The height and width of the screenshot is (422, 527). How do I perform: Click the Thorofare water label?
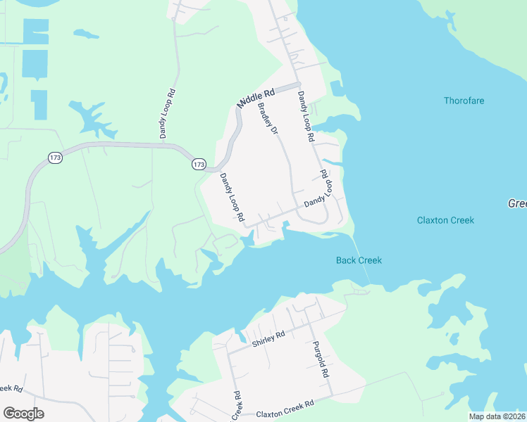click(x=464, y=101)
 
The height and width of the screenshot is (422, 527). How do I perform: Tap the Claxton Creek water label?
click(x=445, y=220)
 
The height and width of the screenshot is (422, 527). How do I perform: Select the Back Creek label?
click(x=359, y=260)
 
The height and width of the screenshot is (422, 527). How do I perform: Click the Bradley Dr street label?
click(x=268, y=120)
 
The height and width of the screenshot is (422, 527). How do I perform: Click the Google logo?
click(x=23, y=413)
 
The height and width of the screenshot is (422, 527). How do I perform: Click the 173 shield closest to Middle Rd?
click(x=199, y=164)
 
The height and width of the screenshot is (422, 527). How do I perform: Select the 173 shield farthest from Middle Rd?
click(x=56, y=158)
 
